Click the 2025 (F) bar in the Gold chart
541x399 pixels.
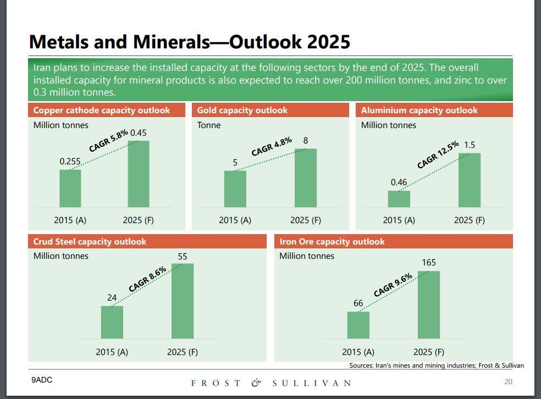click(305, 178)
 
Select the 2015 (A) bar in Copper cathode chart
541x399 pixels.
click(70, 188)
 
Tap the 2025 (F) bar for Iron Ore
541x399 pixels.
click(428, 304)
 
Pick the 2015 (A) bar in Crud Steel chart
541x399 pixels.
click(112, 322)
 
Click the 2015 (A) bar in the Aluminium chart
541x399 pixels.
click(399, 198)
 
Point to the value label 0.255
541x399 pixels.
click(70, 162)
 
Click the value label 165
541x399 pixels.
click(429, 263)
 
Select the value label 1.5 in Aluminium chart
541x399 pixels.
click(470, 145)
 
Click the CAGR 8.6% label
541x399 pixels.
click(147, 280)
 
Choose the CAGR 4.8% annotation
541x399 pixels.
click(272, 147)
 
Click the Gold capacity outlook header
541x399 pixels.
click(242, 110)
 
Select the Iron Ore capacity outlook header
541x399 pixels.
click(332, 242)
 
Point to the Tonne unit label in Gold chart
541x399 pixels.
click(209, 125)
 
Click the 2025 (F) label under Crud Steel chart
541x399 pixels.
click(183, 352)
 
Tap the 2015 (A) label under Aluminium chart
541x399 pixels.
click(399, 220)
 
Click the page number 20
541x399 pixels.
click(508, 382)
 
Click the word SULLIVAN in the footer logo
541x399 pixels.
click(311, 383)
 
